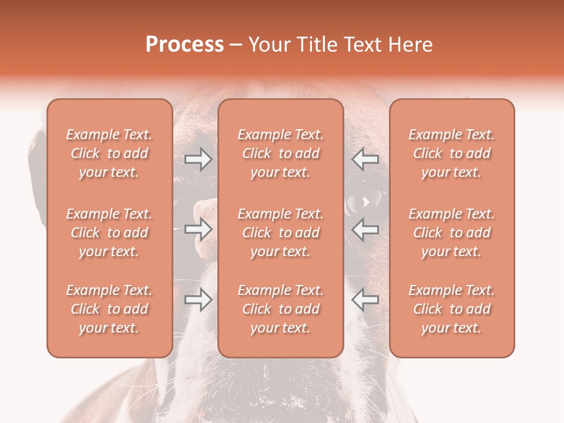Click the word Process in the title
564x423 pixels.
tap(184, 45)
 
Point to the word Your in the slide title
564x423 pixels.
tap(267, 45)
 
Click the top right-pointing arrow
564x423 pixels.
tap(198, 159)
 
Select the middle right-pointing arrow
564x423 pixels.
tap(198, 229)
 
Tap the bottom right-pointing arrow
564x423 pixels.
tap(198, 300)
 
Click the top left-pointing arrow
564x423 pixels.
tap(365, 159)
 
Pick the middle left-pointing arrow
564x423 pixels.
tap(365, 229)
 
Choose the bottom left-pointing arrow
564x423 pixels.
tap(365, 300)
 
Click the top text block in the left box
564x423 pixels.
tap(109, 153)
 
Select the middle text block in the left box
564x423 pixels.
tap(109, 233)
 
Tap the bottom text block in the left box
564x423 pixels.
tap(109, 309)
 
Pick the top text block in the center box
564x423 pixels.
tap(281, 153)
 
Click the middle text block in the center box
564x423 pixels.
tap(281, 233)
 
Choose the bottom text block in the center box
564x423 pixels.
tap(281, 309)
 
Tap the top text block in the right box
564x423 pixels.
tap(452, 153)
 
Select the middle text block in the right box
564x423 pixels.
tap(452, 233)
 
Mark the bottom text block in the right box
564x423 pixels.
tap(452, 309)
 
